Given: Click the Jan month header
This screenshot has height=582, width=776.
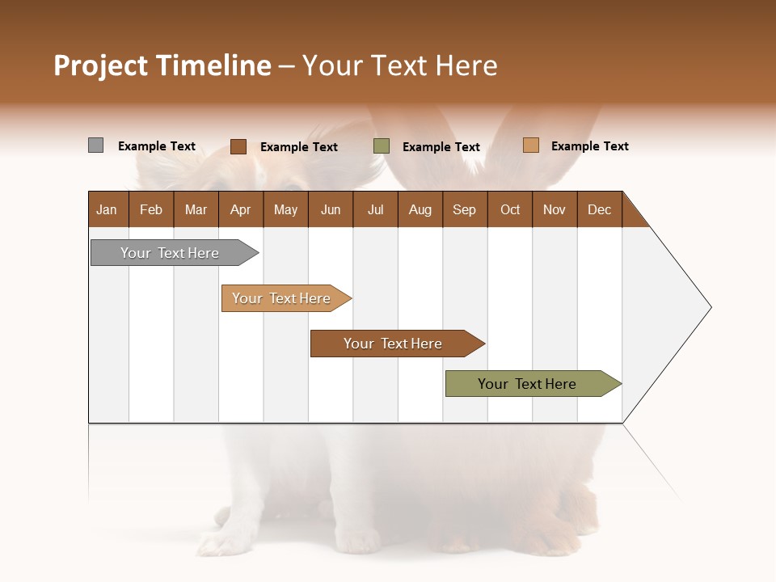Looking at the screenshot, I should tap(108, 209).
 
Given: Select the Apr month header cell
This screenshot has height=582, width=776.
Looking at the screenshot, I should tap(241, 209).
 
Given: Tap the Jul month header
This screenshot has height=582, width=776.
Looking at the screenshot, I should tap(375, 209).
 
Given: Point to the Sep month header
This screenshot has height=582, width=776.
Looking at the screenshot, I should tap(465, 209).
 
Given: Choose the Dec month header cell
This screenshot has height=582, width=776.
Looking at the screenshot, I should tap(599, 209).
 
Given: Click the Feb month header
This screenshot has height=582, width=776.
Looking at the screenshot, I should tap(151, 209).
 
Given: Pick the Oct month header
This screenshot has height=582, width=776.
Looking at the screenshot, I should tap(510, 209).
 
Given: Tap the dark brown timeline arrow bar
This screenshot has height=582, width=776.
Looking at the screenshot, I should tap(394, 344).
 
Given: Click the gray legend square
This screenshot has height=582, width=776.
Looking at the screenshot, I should tap(95, 145).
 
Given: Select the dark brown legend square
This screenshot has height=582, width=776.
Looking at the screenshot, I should tap(238, 146).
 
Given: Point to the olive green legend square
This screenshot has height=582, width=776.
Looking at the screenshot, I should tap(382, 146).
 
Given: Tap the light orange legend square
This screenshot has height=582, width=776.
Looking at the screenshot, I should tap(530, 145).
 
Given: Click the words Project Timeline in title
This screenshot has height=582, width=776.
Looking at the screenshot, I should tap(162, 65).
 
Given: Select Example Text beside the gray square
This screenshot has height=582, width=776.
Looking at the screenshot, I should tap(157, 146).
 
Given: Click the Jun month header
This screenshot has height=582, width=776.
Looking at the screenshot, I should tap(331, 209).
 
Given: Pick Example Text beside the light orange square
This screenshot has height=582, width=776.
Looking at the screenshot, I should tap(590, 146).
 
